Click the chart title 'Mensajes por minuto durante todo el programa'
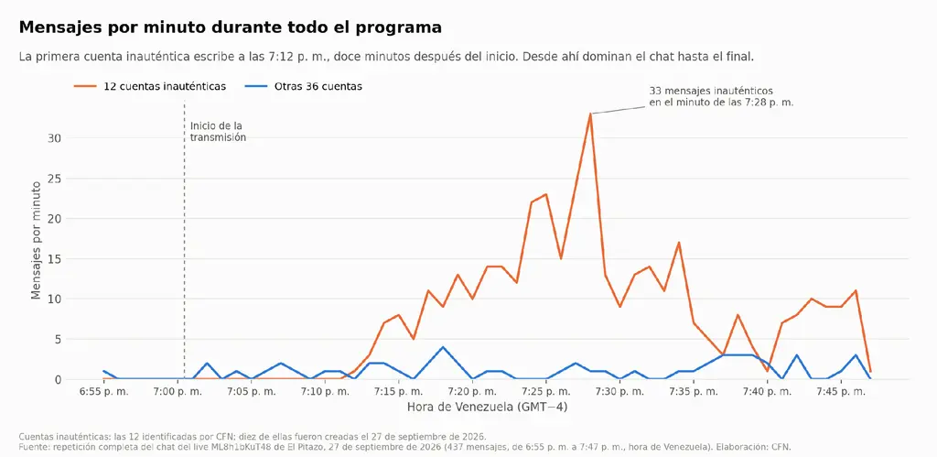click(x=231, y=27)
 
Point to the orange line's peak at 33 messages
click(x=590, y=114)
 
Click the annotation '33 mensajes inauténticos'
click(x=711, y=91)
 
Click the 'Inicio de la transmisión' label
click(x=218, y=132)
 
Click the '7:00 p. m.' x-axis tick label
click(x=178, y=392)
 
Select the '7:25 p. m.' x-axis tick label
click(x=546, y=392)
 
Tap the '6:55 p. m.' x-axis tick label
click(x=104, y=392)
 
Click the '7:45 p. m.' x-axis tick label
click(x=841, y=392)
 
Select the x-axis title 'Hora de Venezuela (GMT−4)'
click(x=487, y=408)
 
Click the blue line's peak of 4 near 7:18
click(x=443, y=347)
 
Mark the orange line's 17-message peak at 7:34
click(x=679, y=243)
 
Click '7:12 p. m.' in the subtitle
click(x=305, y=57)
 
